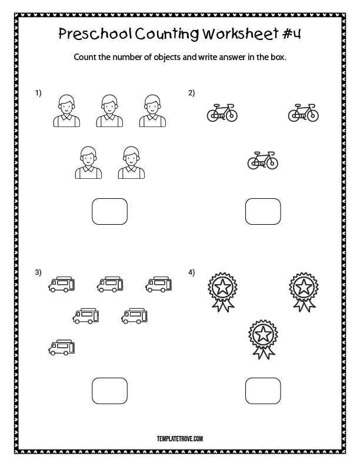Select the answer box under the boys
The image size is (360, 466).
109,211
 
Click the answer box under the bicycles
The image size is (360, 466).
262,211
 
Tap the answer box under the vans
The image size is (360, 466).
109,391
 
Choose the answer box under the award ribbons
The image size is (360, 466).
262,391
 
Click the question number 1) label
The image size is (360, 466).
38,93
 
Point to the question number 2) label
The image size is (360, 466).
191,93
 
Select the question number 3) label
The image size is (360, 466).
38,272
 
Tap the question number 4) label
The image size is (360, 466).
191,272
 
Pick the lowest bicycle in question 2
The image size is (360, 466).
262,160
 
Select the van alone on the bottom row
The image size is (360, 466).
62,347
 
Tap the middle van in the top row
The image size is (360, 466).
110,285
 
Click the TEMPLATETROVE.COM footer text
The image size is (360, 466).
180,438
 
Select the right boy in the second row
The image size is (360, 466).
131,162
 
